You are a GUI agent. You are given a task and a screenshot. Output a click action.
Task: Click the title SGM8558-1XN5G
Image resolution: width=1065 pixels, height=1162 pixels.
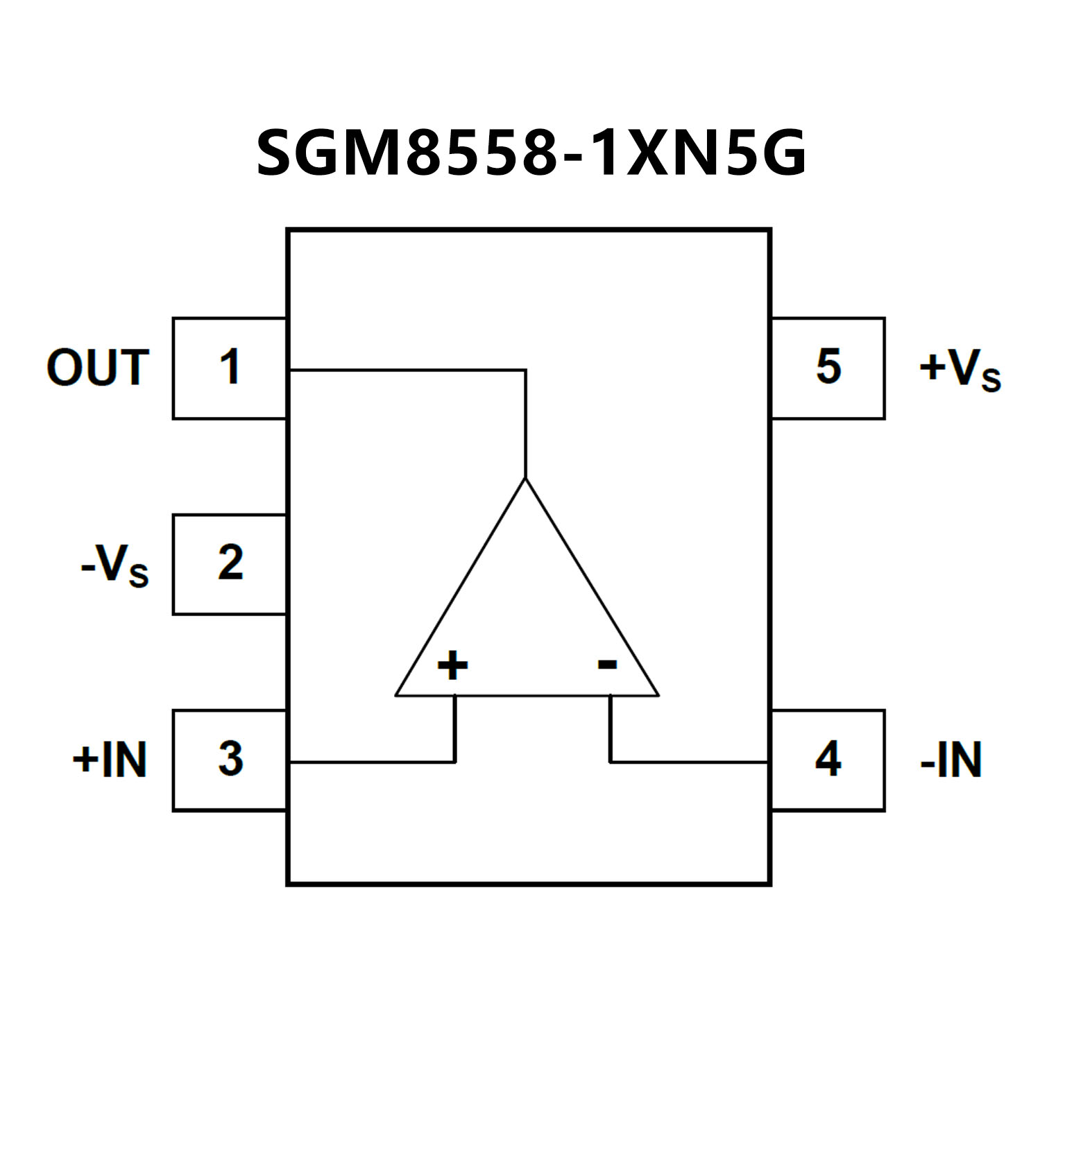531,153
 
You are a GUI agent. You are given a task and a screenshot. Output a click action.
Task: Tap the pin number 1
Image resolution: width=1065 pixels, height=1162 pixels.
230,367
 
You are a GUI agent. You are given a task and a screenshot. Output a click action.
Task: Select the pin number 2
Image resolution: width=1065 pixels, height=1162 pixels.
230,563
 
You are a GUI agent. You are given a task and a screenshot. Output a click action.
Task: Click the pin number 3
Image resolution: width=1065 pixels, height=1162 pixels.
230,759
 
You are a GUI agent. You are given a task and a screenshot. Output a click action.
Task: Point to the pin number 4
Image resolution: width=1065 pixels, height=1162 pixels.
828,759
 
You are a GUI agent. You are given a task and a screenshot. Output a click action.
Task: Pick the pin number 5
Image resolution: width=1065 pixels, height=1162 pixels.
828,366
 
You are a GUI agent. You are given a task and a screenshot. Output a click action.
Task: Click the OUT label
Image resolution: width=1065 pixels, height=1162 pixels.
98,368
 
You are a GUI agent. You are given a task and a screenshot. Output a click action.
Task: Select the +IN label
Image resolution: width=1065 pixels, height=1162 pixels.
110,760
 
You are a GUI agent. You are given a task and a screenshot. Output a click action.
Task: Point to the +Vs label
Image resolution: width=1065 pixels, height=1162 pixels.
960,369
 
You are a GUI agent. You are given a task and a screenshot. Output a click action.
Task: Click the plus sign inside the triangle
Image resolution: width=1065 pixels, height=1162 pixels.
452,665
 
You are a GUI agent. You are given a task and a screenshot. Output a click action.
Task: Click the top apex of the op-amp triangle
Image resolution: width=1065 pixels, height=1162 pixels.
525,479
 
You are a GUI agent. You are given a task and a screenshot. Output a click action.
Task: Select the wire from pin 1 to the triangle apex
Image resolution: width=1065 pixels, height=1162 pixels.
409,370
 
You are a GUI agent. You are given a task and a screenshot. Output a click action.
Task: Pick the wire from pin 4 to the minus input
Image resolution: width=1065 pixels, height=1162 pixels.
687,762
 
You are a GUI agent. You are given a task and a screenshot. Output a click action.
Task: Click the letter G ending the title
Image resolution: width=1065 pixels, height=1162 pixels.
785,153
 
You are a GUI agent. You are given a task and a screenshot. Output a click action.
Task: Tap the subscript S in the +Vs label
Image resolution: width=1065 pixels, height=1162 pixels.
991,380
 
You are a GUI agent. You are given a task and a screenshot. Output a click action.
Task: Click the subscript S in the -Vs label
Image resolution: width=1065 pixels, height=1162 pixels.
139,576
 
